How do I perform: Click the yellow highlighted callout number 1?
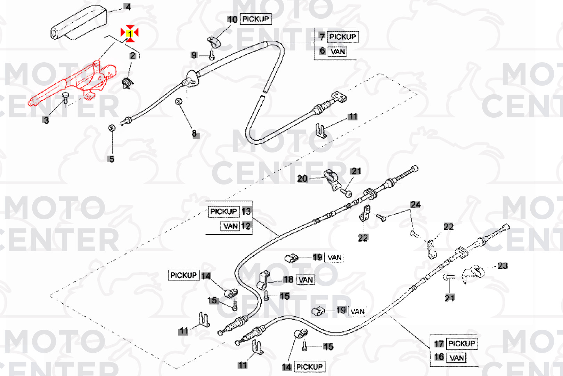click(x=130, y=34)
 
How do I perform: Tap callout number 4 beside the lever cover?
click(x=128, y=7)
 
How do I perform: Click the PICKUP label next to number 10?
click(x=255, y=19)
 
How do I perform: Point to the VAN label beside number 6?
click(x=338, y=52)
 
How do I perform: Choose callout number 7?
click(x=322, y=37)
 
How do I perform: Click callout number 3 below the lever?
click(x=46, y=120)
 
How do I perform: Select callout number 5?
click(x=112, y=159)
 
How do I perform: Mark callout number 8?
click(x=195, y=133)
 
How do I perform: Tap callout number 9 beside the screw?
click(x=194, y=55)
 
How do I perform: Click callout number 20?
click(x=302, y=179)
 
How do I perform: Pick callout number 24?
click(x=415, y=205)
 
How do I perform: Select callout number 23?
click(x=503, y=266)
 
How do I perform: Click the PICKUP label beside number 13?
click(x=223, y=212)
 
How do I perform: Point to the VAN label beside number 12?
click(x=230, y=226)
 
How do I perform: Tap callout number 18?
click(x=288, y=280)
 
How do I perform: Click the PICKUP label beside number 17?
click(x=461, y=344)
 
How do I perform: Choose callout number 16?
click(x=439, y=357)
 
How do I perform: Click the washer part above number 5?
click(x=112, y=128)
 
